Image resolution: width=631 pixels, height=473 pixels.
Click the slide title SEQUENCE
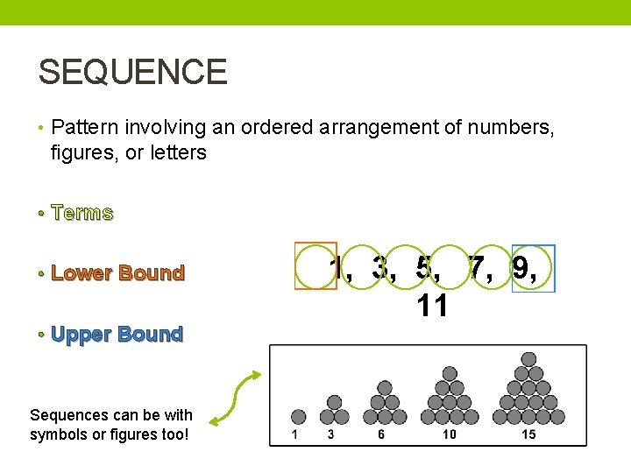(x=132, y=72)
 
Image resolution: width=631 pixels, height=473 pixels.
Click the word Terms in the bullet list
(x=82, y=213)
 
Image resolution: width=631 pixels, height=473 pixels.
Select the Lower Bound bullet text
(x=117, y=273)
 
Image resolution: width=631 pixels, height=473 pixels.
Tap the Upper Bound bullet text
(x=117, y=334)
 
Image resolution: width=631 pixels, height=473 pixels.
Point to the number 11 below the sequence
(x=433, y=306)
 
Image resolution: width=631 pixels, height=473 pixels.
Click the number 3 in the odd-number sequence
(x=379, y=268)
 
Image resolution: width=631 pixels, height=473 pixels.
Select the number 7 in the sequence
(x=478, y=268)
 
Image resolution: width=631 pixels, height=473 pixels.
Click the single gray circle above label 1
(x=298, y=417)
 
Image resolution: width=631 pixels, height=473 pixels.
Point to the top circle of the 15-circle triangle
(x=528, y=359)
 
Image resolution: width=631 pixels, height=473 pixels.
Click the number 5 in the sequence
(x=428, y=268)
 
